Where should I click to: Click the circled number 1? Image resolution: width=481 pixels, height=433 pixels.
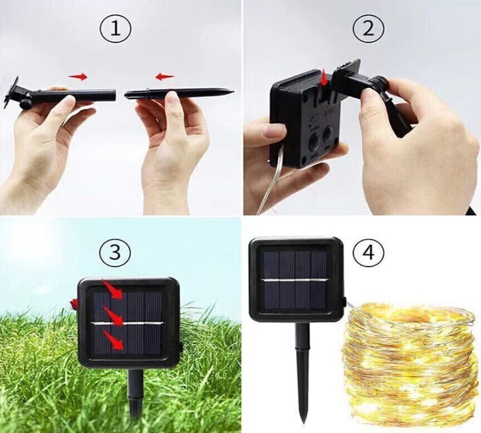point(115,29)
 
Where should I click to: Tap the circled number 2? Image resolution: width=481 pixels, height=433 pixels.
point(368,29)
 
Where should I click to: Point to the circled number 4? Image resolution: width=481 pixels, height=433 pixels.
point(369,252)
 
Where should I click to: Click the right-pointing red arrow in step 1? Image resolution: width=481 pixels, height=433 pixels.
point(77,77)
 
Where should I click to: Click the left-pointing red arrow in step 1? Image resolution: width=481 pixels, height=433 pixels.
point(164,77)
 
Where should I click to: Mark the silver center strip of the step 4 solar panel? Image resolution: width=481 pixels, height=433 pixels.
point(294,280)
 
